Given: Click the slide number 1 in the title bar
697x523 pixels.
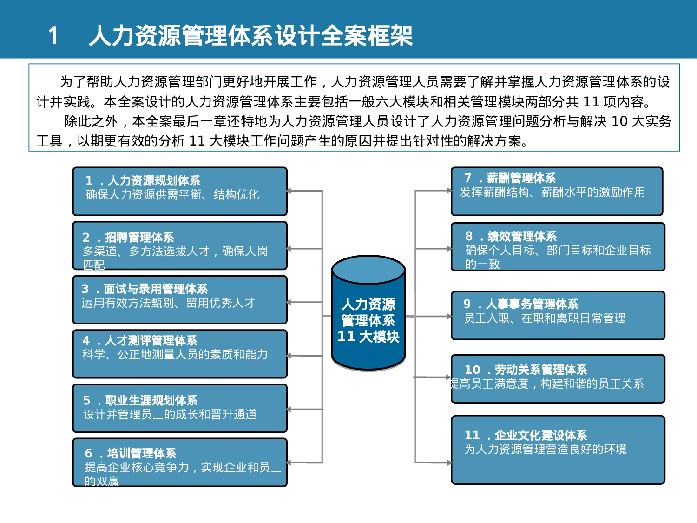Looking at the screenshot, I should tap(53, 36).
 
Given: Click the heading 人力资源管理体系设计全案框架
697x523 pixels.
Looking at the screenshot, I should tap(251, 36).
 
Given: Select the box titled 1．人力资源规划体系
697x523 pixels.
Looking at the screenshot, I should tap(180, 192).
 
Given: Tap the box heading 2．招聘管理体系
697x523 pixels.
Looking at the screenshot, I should tap(128, 238).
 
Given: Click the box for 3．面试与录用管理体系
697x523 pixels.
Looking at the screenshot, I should tap(180, 300).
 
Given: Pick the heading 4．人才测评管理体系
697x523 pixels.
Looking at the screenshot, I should tap(140, 341).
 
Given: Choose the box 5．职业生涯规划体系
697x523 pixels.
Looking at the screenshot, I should tap(180, 408).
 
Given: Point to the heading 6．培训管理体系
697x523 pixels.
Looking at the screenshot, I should tap(131, 453).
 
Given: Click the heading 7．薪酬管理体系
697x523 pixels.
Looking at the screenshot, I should tap(510, 178).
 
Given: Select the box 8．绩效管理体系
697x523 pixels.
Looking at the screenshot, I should tap(558, 247).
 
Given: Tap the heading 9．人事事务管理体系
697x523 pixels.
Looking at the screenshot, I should tap(521, 304).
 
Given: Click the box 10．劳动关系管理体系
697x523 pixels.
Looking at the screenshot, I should tap(558, 378).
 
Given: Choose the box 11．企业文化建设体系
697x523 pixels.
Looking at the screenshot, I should tap(558, 450).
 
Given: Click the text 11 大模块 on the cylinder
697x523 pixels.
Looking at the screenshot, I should tap(368, 337).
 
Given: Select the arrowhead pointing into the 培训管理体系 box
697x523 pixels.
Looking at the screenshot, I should tap(289, 463).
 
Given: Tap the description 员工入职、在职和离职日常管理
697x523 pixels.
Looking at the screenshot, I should tap(545, 318).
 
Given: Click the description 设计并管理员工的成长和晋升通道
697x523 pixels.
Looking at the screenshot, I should tap(170, 414).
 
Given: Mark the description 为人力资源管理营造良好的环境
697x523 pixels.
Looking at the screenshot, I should tap(546, 449).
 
